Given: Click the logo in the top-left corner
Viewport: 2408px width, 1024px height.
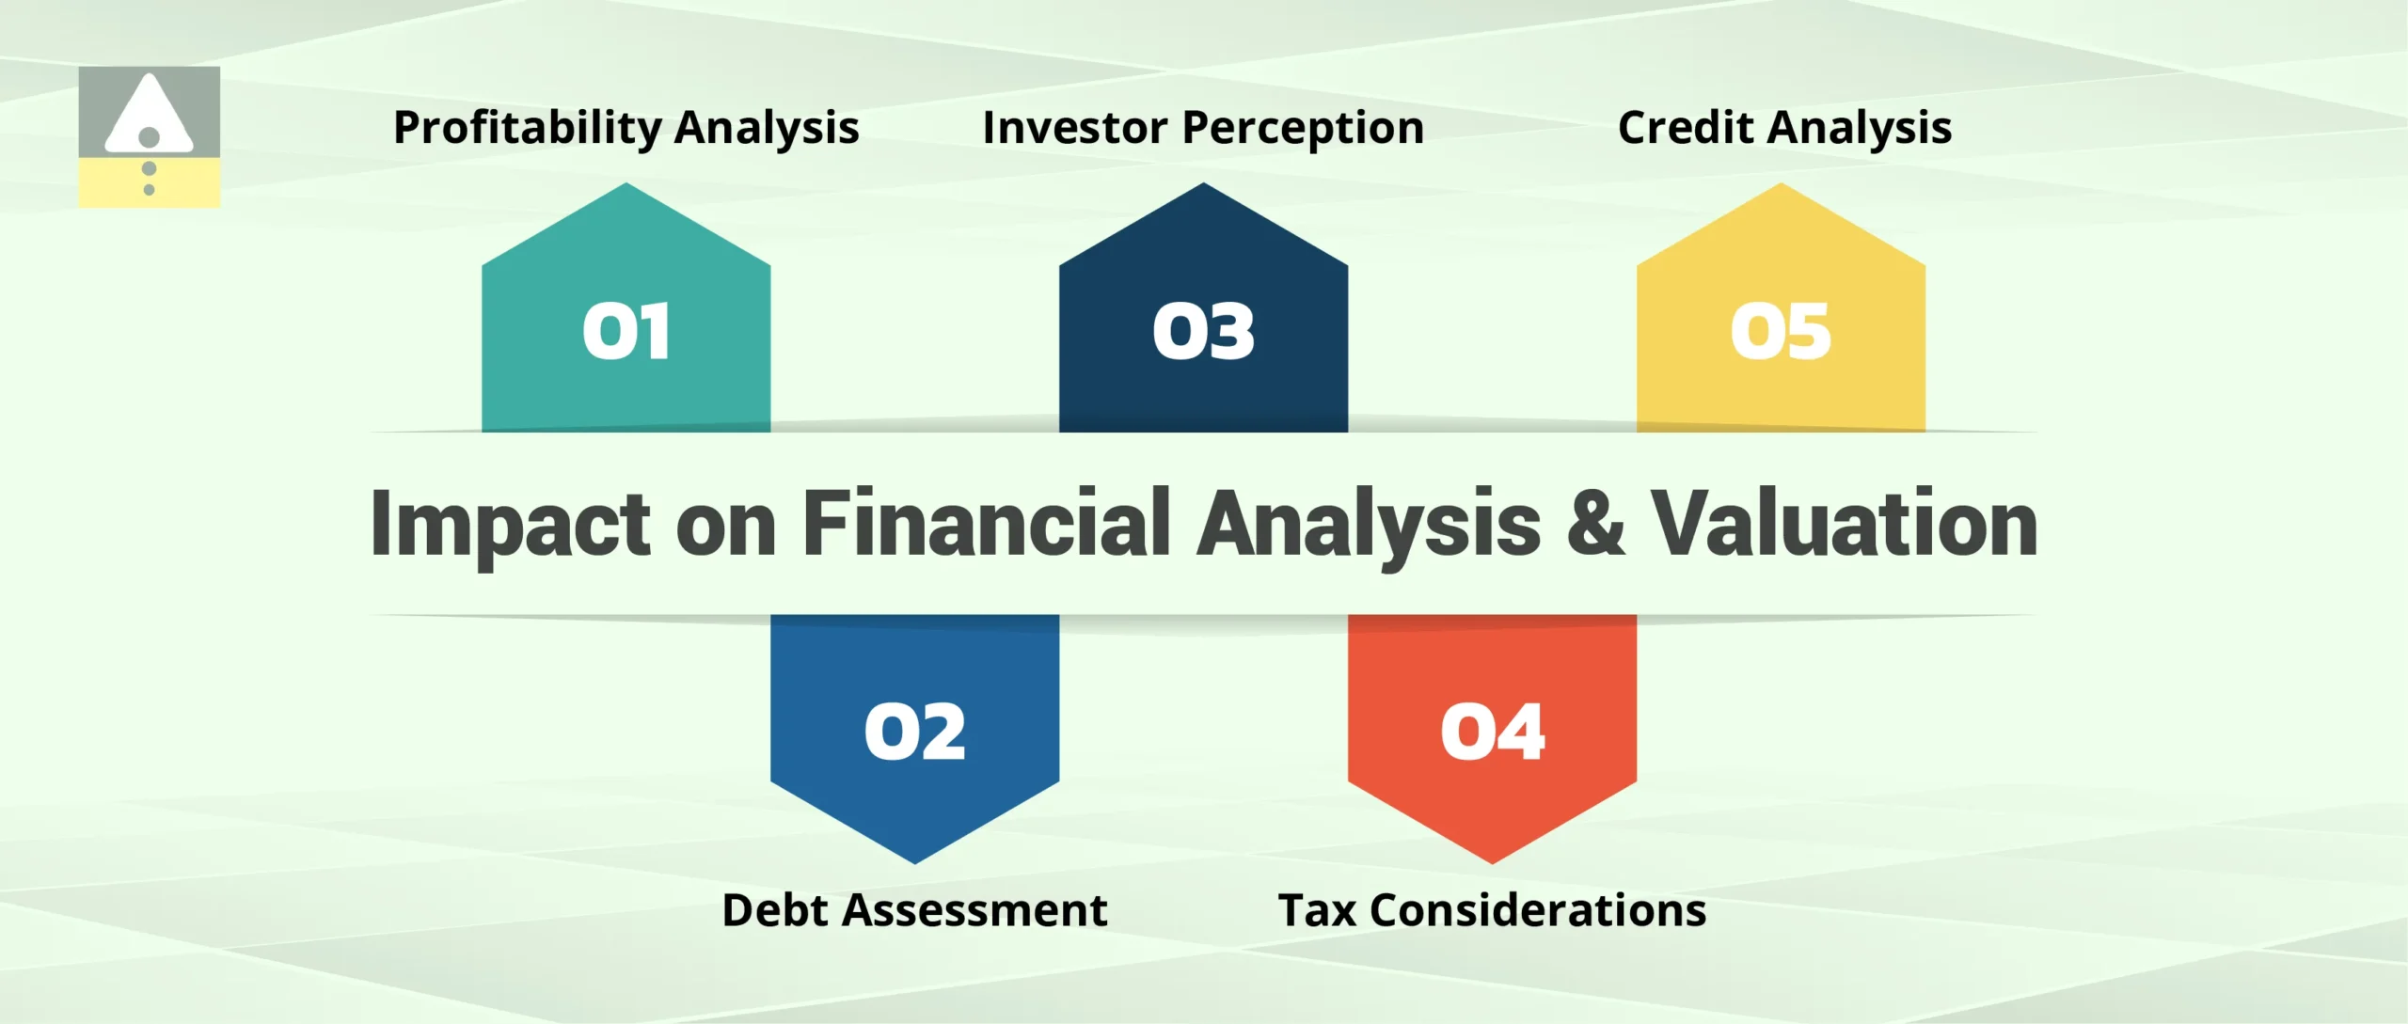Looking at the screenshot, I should [x=149, y=136].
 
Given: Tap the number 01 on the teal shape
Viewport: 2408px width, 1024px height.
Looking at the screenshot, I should [x=626, y=332].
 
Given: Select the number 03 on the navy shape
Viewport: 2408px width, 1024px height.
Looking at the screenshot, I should [x=1203, y=332].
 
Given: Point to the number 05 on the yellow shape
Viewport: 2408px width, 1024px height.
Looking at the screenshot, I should [x=1781, y=332].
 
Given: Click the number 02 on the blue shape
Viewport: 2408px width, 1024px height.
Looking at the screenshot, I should [x=915, y=732].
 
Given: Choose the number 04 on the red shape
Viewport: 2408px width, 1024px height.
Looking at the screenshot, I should [x=1492, y=732].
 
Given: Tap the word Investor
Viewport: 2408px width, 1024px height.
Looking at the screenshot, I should [x=1074, y=128].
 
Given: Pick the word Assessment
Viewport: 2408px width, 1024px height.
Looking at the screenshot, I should [x=974, y=910].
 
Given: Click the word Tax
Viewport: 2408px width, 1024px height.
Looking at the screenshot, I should [x=1316, y=910].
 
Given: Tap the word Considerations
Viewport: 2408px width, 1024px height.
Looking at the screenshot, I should [x=1538, y=910].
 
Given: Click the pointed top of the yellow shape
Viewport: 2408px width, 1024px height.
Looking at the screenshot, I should [x=1781, y=188].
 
